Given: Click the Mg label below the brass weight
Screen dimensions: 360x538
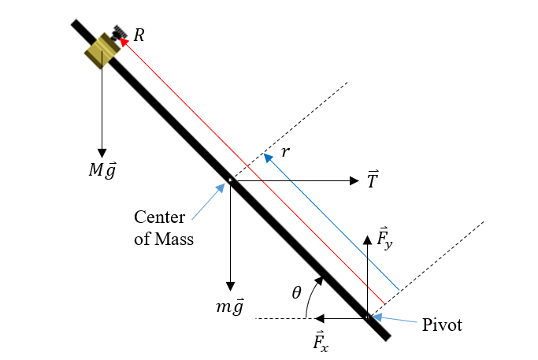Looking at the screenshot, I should pos(101,171).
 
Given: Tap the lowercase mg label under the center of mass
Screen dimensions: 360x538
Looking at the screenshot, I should pos(231,307).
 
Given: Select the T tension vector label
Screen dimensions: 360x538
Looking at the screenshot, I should pos(373,180).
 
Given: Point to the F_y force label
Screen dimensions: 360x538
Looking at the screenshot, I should pos(385,239).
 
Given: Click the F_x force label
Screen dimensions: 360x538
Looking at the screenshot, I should pos(321,341).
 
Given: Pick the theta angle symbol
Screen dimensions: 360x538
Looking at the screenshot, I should pos(296,292).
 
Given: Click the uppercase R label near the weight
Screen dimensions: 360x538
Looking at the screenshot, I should pos(139,35).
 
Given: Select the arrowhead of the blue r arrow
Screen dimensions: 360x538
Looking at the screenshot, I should pos(268,157).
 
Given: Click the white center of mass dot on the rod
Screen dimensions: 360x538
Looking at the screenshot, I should pos(230,180).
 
